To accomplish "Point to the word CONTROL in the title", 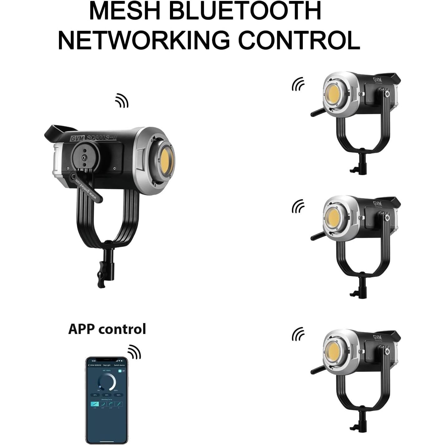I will point(299,40).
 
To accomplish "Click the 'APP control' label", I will point(107,329).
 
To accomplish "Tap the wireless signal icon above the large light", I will point(122,100).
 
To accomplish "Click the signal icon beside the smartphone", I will point(134,352).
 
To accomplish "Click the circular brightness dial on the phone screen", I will point(107,382).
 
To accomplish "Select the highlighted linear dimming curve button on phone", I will point(95,404).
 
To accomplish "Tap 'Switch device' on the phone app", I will point(119,365).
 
